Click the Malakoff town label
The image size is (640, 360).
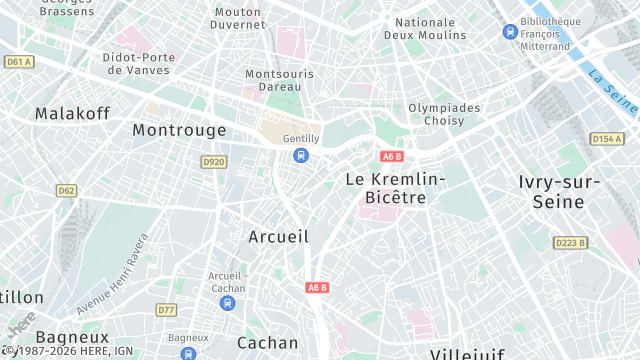[x=71, y=113]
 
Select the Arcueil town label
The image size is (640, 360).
[x=278, y=236]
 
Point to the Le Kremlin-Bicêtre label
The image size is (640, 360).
[x=395, y=188]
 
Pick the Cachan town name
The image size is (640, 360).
[x=268, y=342]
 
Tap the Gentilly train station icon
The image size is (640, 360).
[x=301, y=155]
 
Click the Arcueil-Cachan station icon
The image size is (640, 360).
[x=228, y=302]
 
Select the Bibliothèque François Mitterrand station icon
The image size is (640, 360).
[x=510, y=31]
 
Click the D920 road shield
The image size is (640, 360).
[x=213, y=161]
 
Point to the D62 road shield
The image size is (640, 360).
[x=66, y=190]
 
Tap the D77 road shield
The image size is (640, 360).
[x=166, y=311]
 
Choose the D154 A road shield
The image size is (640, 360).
[x=606, y=139]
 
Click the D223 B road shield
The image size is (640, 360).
[x=570, y=242]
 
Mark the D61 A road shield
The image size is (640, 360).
[x=19, y=61]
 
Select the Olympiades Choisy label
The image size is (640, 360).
[x=444, y=115]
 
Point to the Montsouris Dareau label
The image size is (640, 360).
[x=279, y=81]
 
